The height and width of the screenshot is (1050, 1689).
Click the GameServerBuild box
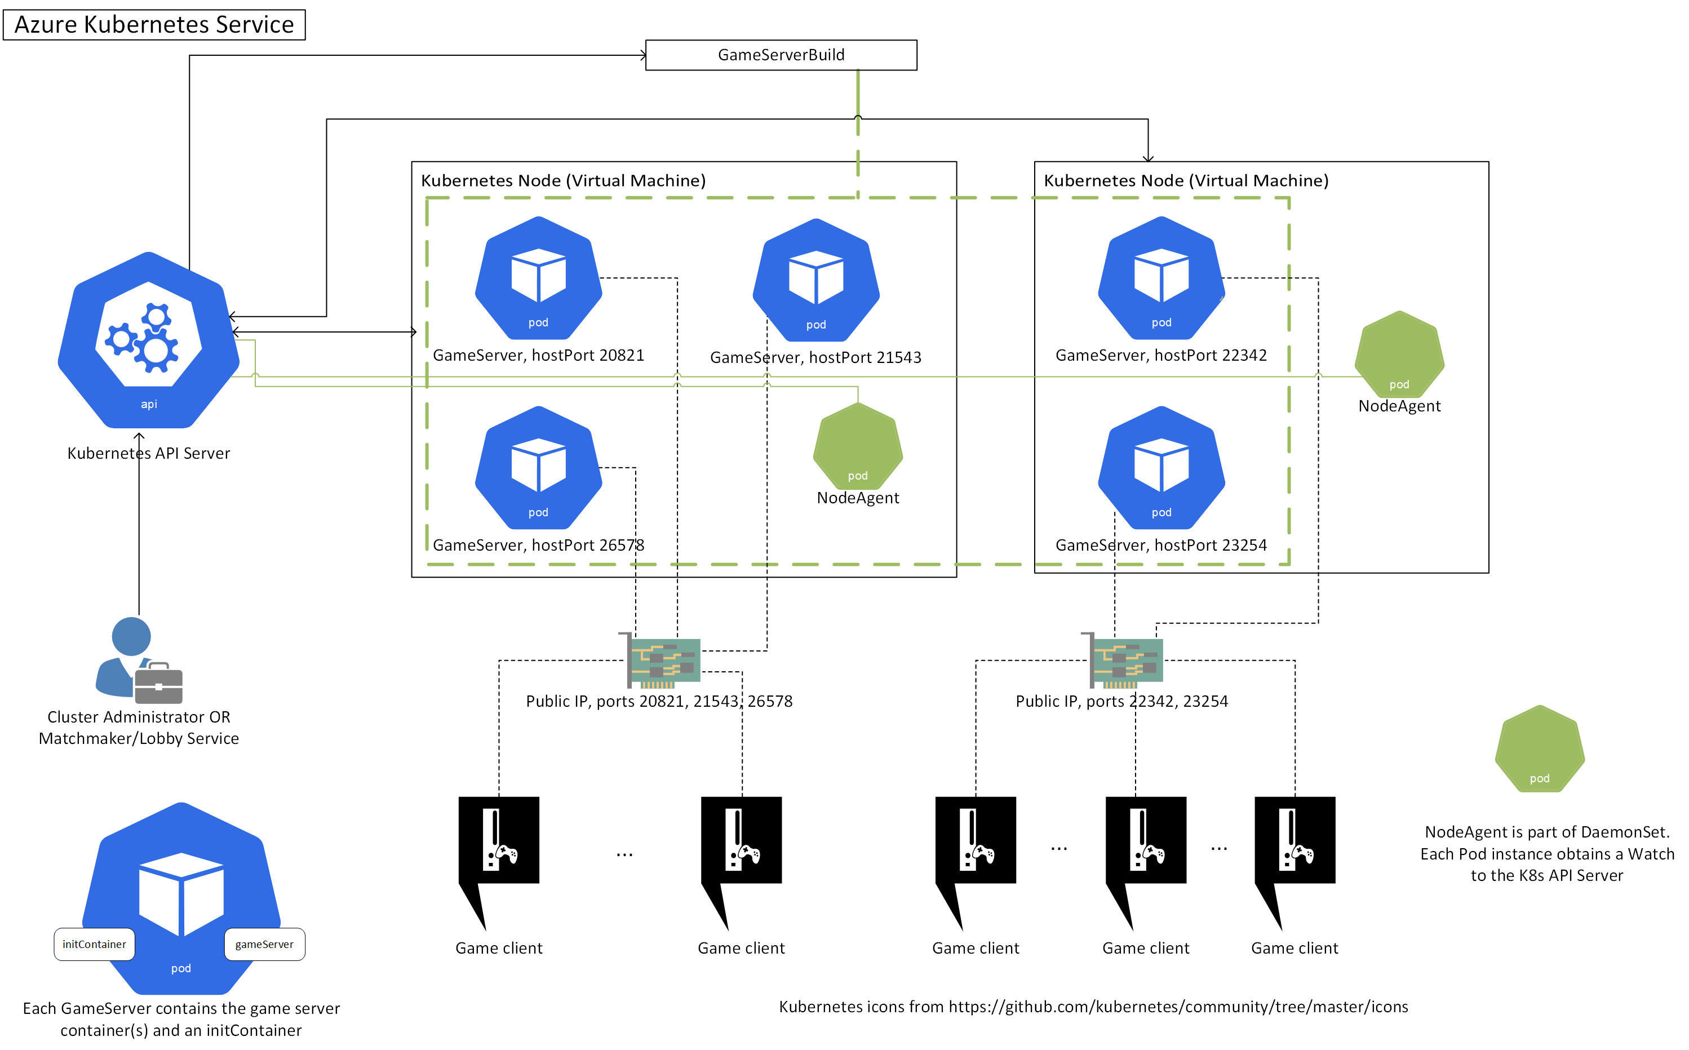click(x=781, y=55)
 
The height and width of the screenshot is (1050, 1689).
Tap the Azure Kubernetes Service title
click(x=154, y=24)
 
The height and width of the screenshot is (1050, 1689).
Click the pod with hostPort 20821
click(x=538, y=278)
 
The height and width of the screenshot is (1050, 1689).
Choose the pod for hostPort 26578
click(x=538, y=467)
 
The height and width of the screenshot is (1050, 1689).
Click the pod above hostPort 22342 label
click(x=1161, y=278)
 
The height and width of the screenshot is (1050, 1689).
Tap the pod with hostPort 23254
click(x=1161, y=467)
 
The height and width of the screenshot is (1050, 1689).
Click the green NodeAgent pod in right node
click(x=1399, y=354)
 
